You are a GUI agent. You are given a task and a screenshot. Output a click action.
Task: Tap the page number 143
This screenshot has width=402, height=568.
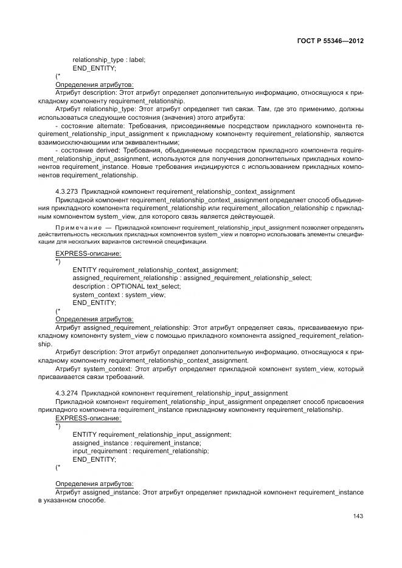point(358,516)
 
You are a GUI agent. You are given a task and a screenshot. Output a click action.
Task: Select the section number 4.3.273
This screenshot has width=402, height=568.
point(66,191)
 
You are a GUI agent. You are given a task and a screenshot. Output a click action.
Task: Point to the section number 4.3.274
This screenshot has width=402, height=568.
point(66,393)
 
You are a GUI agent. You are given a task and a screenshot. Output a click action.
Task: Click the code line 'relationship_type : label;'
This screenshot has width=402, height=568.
point(109,60)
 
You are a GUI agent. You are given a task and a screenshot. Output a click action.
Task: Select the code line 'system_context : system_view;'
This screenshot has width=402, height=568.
point(118,295)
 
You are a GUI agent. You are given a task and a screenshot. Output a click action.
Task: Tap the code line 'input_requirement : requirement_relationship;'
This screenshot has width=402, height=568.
point(140,451)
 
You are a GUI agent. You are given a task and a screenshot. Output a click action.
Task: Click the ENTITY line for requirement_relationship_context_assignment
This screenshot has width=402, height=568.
point(155,269)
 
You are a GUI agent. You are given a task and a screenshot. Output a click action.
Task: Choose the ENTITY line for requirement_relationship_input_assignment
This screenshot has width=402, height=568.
point(151,434)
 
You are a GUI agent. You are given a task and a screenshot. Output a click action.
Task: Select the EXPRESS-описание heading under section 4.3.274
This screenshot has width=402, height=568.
point(88,418)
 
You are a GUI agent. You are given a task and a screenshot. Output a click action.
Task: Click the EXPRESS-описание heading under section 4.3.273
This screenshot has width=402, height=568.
point(88,253)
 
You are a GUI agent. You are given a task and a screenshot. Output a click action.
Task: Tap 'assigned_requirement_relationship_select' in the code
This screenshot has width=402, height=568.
point(248,278)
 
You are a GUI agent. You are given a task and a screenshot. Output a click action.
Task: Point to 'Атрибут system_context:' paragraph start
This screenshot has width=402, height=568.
point(93,369)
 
